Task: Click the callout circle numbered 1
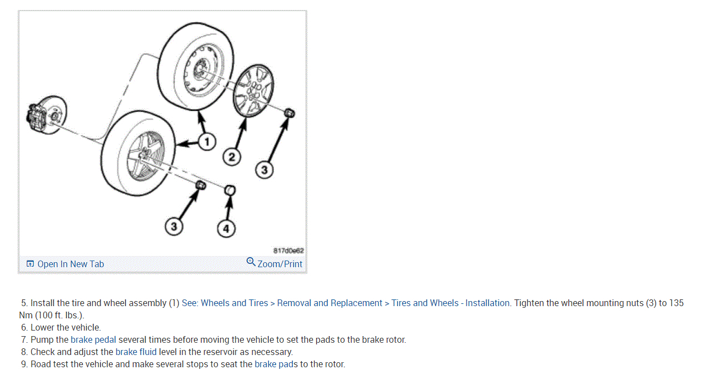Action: pos(207,142)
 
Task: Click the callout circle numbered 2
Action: pos(232,157)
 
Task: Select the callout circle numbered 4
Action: pos(226,228)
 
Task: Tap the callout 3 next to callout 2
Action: pos(264,170)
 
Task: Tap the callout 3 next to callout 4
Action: pos(174,226)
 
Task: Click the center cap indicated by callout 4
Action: pos(230,191)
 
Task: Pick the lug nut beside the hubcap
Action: pos(289,113)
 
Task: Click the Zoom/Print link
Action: pos(280,264)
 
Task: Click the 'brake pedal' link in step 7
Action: pos(93,339)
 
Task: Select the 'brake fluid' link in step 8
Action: pos(136,352)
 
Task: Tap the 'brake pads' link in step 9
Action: pos(276,364)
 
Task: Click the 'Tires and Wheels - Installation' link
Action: pos(450,303)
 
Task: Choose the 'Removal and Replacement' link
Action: pos(329,303)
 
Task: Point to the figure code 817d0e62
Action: pos(288,251)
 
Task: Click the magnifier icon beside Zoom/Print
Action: pos(251,262)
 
